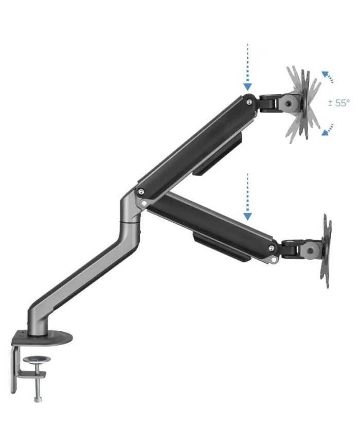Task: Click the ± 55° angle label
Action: (338, 103)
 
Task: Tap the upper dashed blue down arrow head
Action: (247, 87)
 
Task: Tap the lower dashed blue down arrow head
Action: (247, 217)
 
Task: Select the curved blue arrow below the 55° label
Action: (328, 130)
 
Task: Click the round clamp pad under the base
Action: (37, 360)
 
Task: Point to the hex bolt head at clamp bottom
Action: (38, 399)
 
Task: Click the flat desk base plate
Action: (42, 338)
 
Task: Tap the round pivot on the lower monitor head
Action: (309, 251)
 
